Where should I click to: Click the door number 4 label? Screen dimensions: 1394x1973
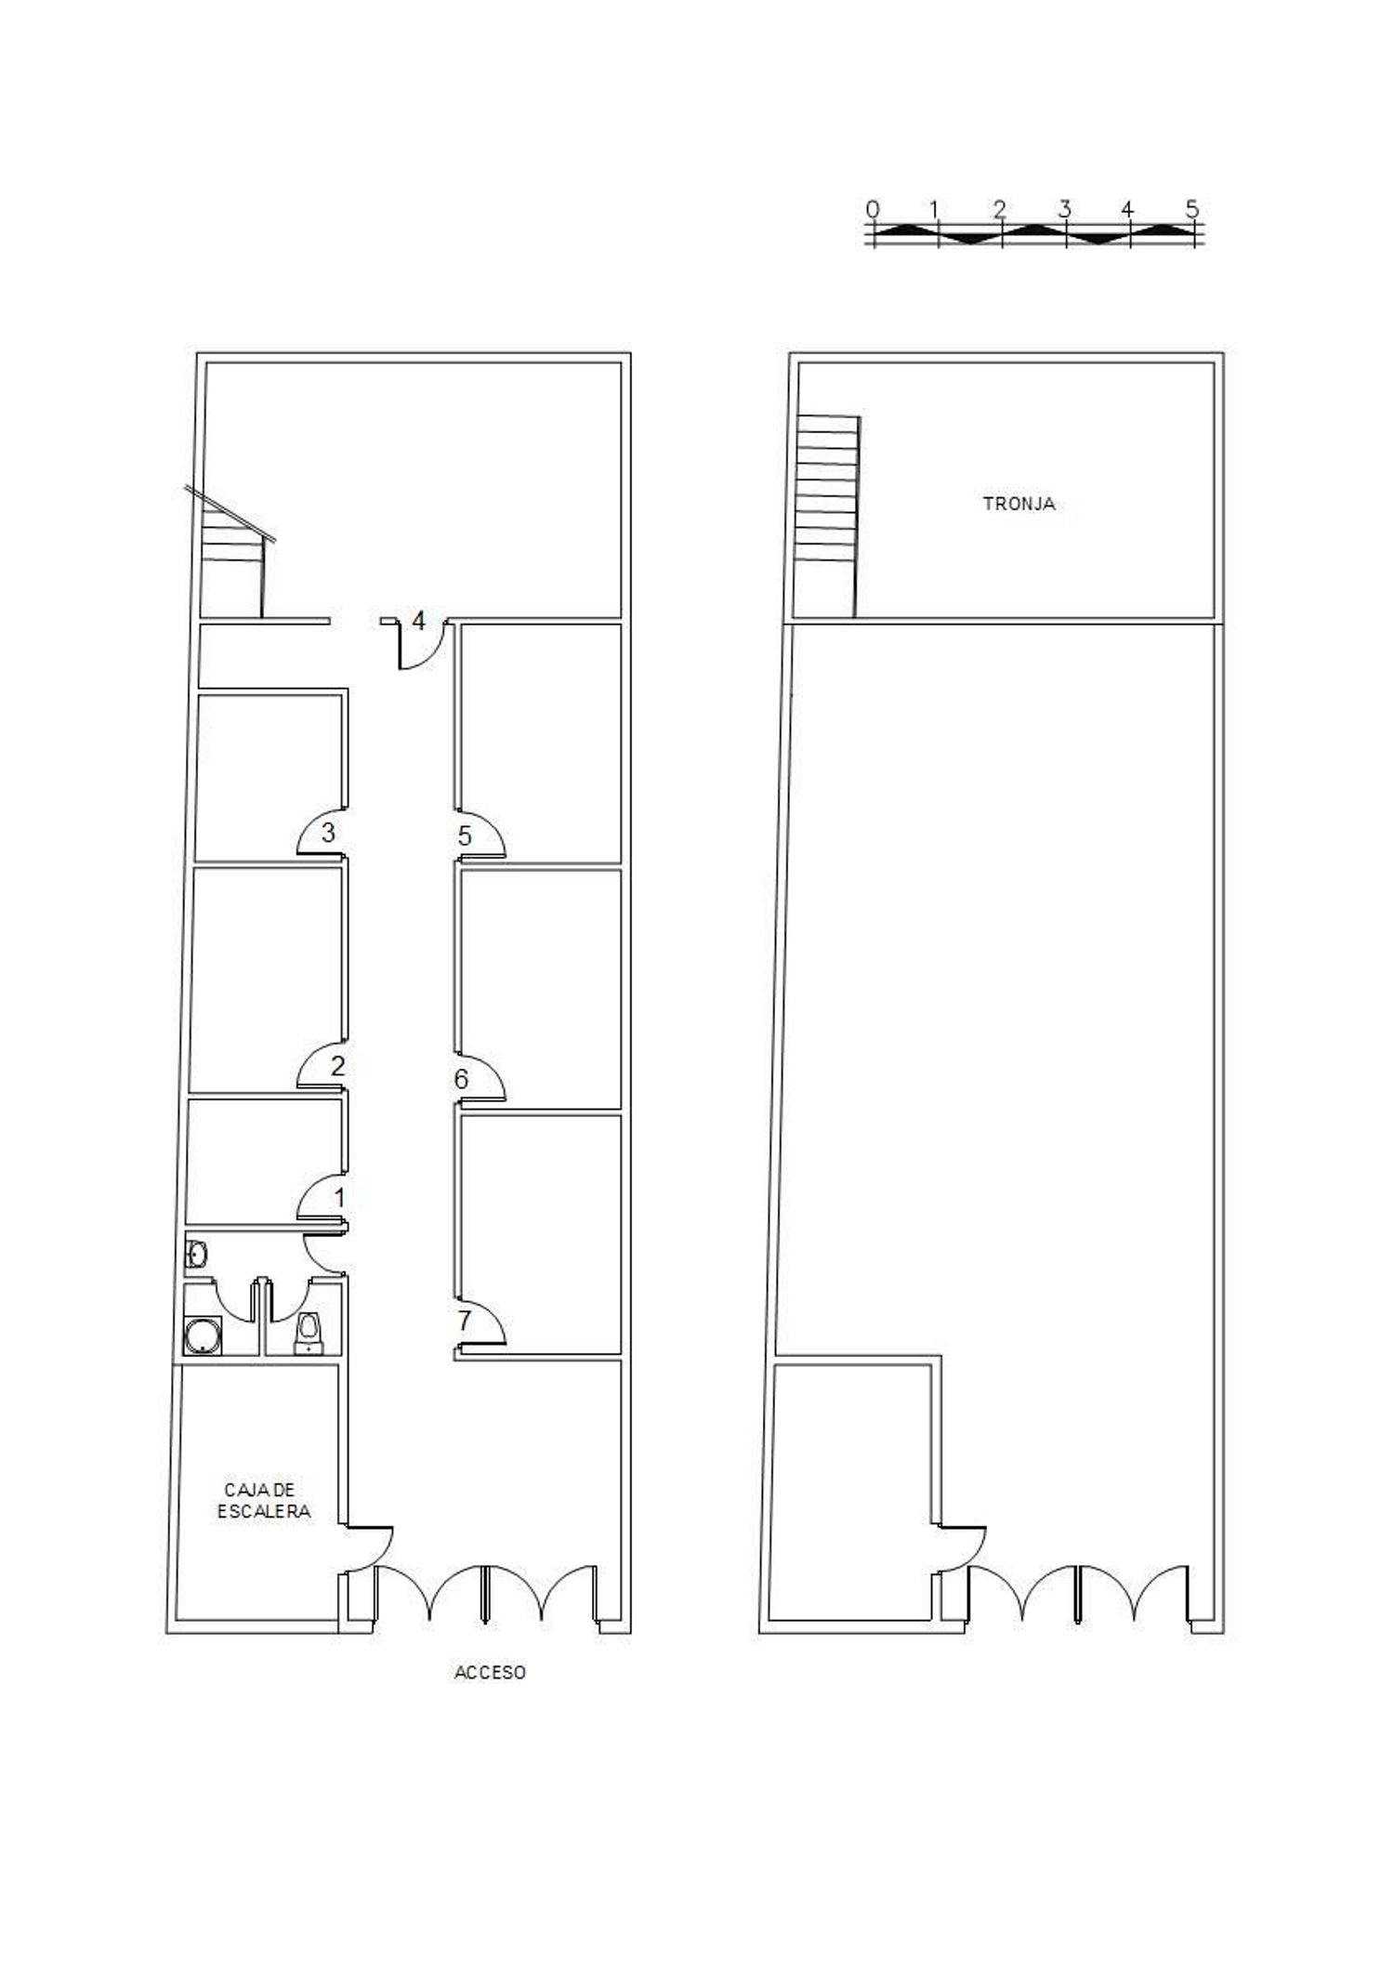418,620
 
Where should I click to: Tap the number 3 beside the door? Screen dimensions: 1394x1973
328,831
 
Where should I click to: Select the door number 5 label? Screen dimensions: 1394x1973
465,836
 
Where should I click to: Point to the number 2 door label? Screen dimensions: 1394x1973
337,1065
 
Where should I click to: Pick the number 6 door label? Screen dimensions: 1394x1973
461,1080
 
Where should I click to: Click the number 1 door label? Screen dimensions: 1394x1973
339,1197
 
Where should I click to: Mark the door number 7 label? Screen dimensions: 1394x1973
464,1320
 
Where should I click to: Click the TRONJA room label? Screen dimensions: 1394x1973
1019,504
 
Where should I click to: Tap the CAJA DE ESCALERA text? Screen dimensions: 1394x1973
264,1501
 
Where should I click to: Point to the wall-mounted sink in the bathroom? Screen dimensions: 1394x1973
196,1255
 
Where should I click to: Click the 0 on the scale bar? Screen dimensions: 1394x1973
872,209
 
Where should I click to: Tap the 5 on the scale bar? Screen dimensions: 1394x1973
1192,209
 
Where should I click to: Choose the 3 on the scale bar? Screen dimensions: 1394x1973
1064,209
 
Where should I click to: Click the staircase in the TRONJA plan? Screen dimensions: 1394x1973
826,516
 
